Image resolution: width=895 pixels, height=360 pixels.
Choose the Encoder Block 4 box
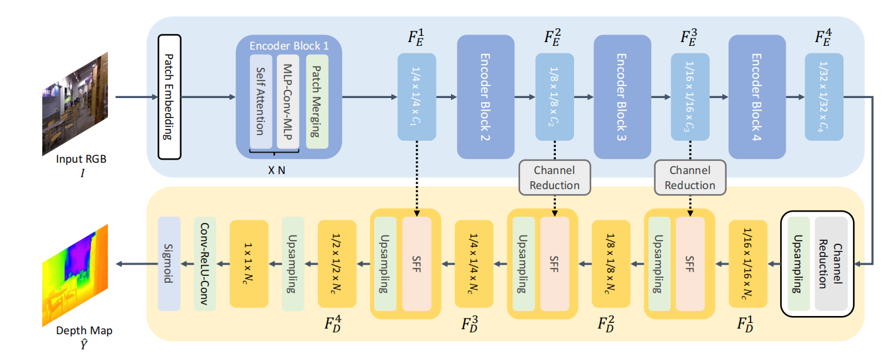[757, 97]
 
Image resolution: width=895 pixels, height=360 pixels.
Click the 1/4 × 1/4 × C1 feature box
[416, 97]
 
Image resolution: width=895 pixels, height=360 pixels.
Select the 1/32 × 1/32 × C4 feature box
[824, 97]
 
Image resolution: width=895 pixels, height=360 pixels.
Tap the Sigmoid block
[169, 263]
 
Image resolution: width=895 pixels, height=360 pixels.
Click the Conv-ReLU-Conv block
[205, 263]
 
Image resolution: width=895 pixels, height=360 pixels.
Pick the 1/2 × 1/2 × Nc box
[337, 263]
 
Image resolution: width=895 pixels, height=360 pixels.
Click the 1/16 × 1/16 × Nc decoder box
[748, 263]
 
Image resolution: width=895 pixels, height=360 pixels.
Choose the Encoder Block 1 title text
[288, 46]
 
